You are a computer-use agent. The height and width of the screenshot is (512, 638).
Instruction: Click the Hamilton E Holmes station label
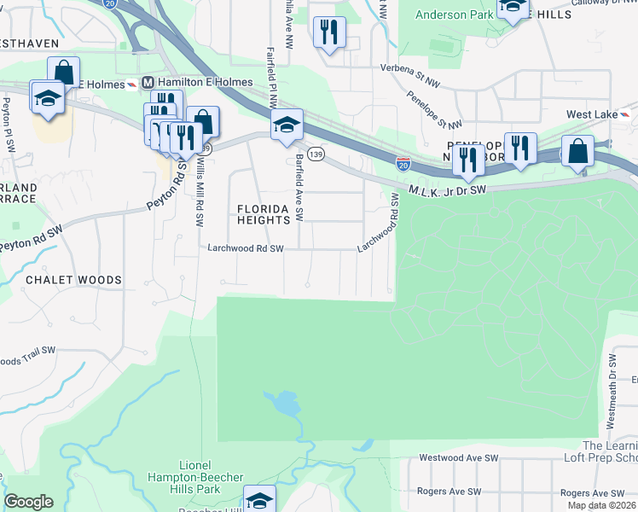pyautogui.click(x=205, y=83)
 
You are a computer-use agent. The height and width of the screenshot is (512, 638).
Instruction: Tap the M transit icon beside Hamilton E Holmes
pyautogui.click(x=148, y=83)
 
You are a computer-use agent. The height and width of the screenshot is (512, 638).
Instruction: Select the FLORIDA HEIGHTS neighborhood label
pyautogui.click(x=264, y=213)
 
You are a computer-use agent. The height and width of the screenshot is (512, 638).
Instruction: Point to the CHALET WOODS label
pyautogui.click(x=73, y=280)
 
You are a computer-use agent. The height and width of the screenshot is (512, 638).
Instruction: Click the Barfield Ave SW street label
pyautogui.click(x=299, y=189)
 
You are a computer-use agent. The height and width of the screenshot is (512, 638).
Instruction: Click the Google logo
pyautogui.click(x=29, y=502)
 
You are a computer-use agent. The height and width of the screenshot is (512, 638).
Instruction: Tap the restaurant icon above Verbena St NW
pyautogui.click(x=329, y=32)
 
